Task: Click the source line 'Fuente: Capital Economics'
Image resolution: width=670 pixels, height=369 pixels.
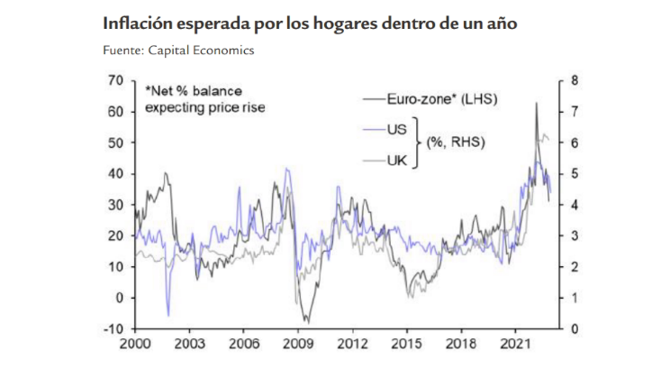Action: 178,51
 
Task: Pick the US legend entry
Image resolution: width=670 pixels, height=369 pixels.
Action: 396,129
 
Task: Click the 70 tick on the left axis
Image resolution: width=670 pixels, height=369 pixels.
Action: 113,81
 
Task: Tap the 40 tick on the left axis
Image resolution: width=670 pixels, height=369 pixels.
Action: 113,174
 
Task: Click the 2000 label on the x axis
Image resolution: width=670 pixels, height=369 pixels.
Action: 134,344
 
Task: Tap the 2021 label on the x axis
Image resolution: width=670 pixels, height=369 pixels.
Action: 512,344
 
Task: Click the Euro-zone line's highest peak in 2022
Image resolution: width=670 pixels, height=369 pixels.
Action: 537,103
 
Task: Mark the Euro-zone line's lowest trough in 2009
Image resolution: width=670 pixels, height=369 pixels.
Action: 307,322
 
